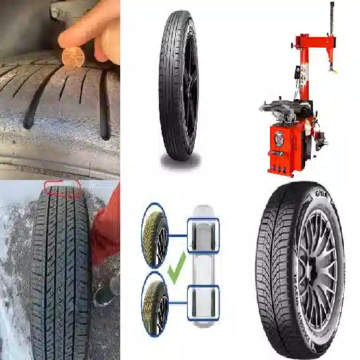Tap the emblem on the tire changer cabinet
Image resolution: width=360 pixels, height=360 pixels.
279,136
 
